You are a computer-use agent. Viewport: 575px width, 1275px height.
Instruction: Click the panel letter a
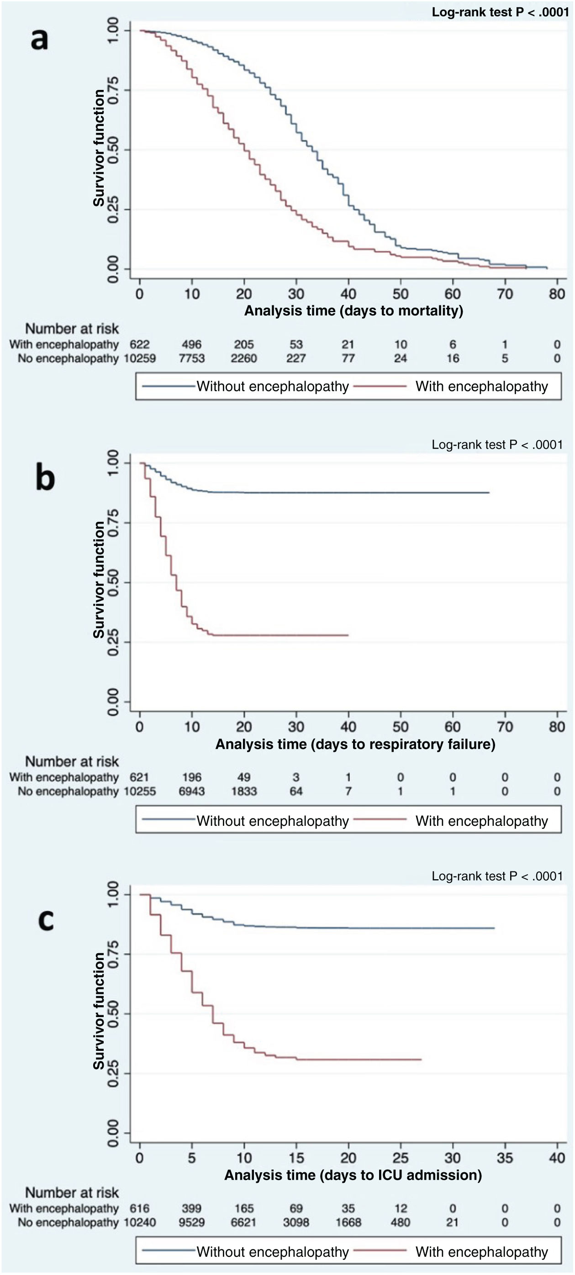tap(40, 40)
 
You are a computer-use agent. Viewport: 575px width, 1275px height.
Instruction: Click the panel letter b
tap(45, 478)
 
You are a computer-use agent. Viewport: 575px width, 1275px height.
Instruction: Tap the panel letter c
tap(46, 920)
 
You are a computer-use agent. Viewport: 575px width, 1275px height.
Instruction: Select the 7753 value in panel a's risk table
tap(192, 358)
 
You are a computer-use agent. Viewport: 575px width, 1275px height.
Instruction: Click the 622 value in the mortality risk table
tap(140, 345)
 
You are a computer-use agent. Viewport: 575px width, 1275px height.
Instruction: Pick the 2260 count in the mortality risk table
tap(244, 358)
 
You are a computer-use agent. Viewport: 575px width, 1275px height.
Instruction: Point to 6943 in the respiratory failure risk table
tap(192, 792)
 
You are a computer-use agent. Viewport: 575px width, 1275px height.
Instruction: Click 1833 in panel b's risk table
tap(244, 792)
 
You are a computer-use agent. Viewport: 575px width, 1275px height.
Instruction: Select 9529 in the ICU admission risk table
tap(192, 1223)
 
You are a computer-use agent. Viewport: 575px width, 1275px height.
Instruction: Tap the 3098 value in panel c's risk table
tap(296, 1223)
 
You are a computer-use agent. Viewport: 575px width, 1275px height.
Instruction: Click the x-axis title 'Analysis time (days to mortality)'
tap(353, 311)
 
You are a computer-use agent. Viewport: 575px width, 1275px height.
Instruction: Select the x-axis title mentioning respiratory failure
tap(355, 745)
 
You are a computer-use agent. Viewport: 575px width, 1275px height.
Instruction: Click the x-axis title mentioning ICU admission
tap(353, 1175)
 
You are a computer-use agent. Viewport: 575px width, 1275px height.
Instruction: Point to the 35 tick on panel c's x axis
tap(505, 1158)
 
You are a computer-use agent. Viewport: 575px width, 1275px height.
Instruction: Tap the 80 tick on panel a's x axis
tap(557, 294)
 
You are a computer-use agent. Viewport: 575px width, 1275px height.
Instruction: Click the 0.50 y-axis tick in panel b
tap(113, 582)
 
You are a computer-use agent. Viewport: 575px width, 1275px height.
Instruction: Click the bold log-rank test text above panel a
tap(500, 12)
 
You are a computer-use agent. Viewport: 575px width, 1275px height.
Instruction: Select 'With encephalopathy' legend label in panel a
tap(481, 387)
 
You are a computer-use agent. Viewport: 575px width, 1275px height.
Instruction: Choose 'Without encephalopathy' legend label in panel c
tap(272, 1252)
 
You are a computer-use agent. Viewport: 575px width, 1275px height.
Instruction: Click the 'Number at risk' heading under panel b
tap(72, 761)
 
